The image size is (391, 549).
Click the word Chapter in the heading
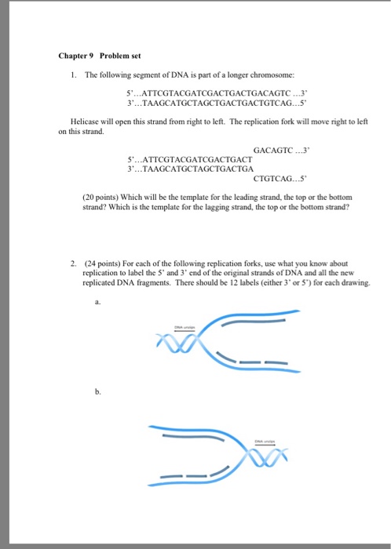[x=74, y=56]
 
